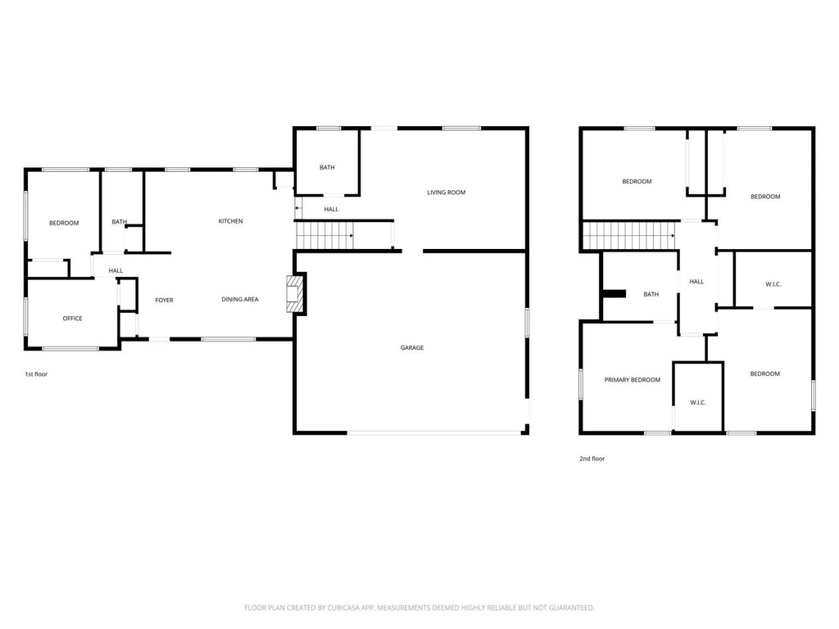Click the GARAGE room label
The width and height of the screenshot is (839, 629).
tap(412, 348)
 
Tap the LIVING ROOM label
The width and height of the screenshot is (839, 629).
tap(446, 192)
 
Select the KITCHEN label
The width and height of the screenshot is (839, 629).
tap(230, 221)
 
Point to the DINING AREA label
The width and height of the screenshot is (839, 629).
tap(240, 300)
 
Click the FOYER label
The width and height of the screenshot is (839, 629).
tap(164, 301)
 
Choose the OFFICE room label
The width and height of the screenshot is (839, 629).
tap(72, 319)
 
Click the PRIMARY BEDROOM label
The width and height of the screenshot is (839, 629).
tap(632, 380)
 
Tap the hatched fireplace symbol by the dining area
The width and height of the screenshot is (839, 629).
tap(295, 294)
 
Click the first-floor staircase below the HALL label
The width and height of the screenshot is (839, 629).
tap(325, 236)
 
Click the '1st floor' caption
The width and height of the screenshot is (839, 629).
tap(37, 374)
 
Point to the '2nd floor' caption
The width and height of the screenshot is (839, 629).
tap(592, 459)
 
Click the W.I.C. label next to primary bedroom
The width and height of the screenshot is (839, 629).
tap(698, 402)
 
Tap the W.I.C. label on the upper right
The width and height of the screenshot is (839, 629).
tap(773, 284)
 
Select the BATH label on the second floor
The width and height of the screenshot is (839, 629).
tap(651, 295)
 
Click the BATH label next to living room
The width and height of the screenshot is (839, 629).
tap(327, 168)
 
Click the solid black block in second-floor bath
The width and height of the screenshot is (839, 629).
tap(614, 294)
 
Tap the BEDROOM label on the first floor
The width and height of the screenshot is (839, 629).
tap(63, 223)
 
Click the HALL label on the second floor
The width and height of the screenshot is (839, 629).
tap(696, 282)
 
